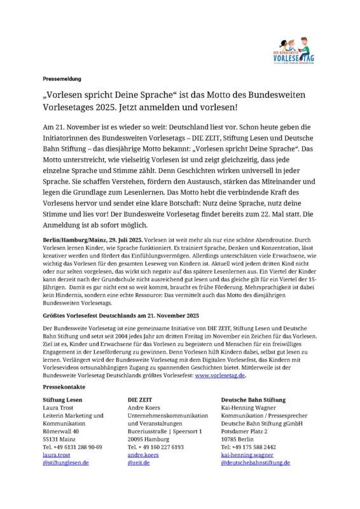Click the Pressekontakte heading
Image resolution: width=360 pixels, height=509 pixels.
[x=64, y=387]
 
